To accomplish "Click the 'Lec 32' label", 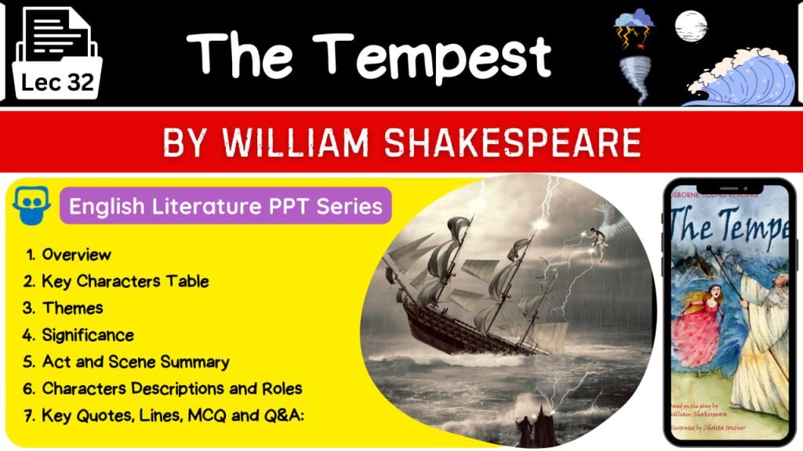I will point(58,82).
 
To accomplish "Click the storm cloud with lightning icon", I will point(634,27).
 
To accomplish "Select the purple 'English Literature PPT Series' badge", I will point(226,206).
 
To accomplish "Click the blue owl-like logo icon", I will point(32,205).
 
